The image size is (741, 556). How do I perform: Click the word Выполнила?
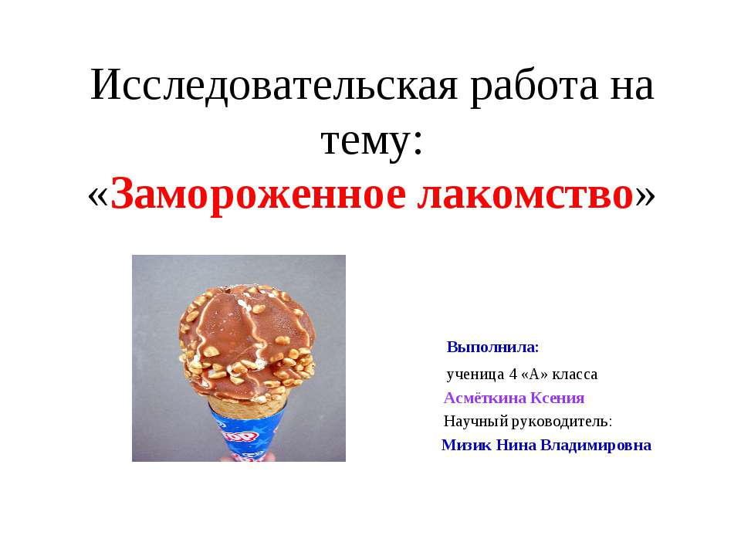pos(492,346)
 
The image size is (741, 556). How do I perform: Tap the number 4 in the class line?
pos(513,375)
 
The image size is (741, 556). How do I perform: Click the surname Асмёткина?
pos(484,398)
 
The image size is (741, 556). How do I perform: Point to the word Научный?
pos(472,422)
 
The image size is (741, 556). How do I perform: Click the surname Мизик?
pos(466,446)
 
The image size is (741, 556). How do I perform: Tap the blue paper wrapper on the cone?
pos(247,436)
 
